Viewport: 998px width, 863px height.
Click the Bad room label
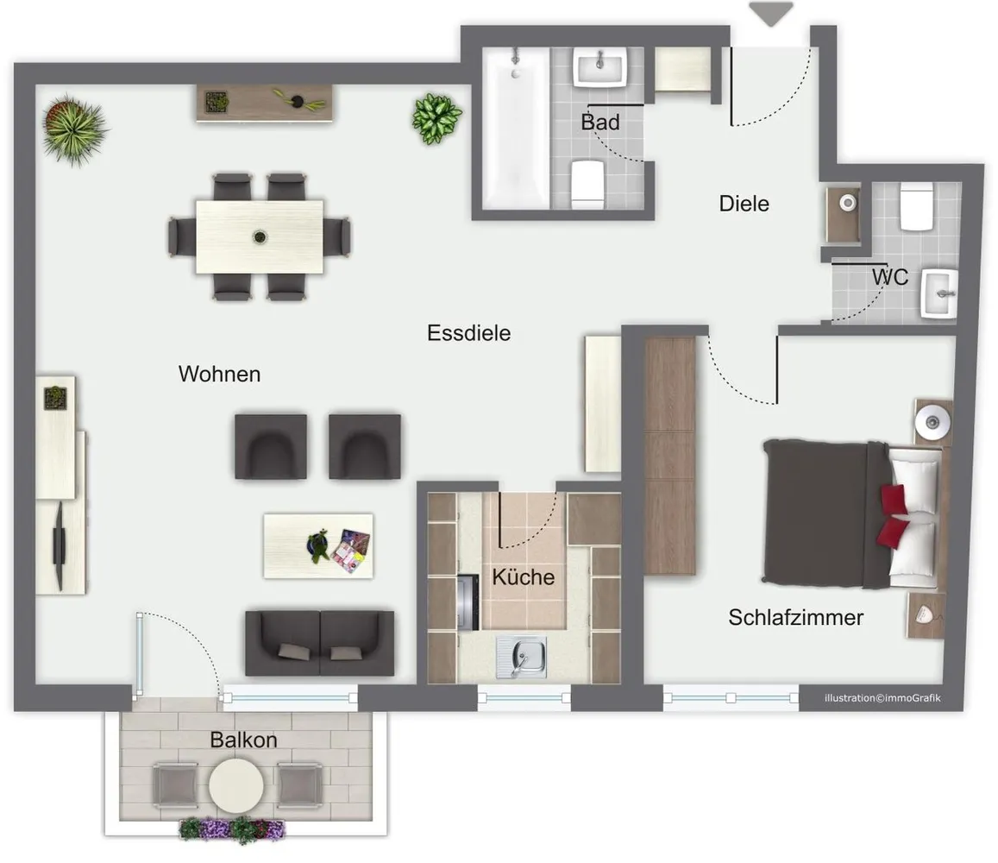(600, 122)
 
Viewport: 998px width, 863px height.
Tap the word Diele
(744, 204)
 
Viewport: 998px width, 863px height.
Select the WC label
(890, 277)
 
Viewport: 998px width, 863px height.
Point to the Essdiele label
(468, 333)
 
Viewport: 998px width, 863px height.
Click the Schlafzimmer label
(795, 617)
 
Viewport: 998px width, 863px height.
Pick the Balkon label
(244, 740)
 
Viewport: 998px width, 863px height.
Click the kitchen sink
(521, 658)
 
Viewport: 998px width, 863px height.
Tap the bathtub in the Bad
(516, 128)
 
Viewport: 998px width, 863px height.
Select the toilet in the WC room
(917, 206)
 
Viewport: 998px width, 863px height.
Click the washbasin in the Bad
(600, 66)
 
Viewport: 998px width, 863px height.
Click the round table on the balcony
(236, 786)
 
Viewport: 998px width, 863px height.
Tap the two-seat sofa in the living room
(319, 643)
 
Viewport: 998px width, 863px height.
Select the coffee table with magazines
(318, 546)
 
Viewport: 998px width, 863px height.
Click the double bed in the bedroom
(853, 513)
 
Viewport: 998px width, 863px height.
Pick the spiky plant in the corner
(74, 130)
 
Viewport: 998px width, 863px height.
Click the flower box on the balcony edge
(232, 829)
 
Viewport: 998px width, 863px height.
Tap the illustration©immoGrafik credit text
(882, 698)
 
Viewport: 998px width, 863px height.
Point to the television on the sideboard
(60, 546)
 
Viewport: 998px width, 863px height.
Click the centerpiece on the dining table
(260, 237)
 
